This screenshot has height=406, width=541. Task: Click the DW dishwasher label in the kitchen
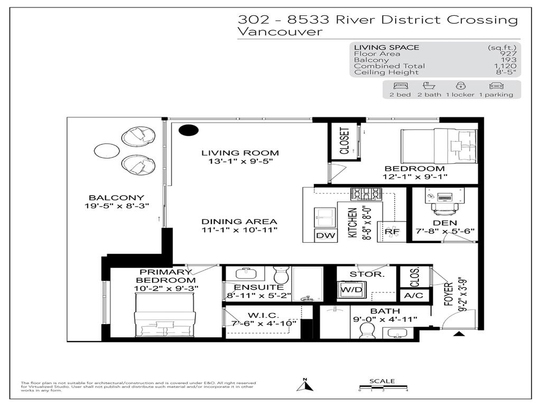tap(325, 236)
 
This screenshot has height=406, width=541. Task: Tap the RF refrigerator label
tap(391, 232)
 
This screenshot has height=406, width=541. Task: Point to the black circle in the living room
tap(188, 130)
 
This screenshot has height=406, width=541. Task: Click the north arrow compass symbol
tap(305, 385)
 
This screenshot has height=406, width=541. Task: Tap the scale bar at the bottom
tap(383, 389)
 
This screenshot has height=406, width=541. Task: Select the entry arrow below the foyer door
tap(459, 334)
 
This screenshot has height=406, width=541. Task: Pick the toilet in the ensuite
tap(280, 275)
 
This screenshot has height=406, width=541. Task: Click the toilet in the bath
tap(366, 329)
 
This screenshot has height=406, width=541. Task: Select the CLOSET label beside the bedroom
tap(344, 141)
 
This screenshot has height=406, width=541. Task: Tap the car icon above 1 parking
tap(496, 86)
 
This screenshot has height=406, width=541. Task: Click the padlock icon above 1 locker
tap(460, 86)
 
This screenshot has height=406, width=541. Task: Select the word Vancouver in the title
tap(280, 32)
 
